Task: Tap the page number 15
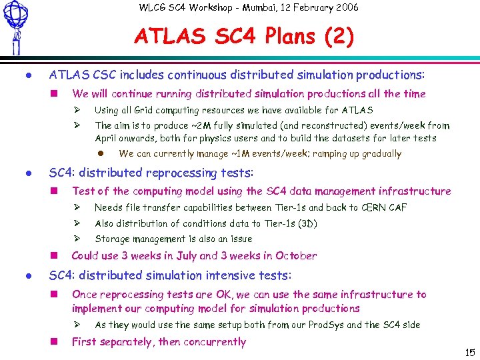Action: (469, 351)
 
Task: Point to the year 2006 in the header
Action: (345, 7)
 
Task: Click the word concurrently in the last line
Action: (213, 342)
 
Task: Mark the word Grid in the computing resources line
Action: (145, 110)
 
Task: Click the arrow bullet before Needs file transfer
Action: (77, 207)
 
